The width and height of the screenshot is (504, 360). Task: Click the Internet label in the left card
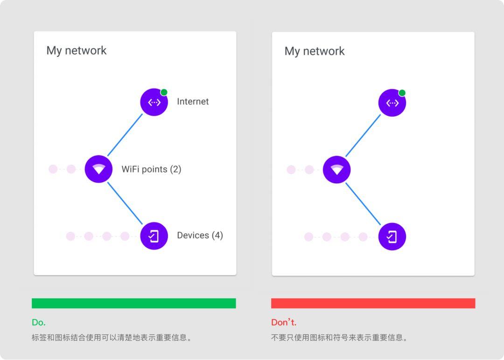[x=192, y=102]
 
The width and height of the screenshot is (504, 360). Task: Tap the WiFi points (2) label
[x=151, y=169]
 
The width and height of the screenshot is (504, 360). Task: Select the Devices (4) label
[x=200, y=235]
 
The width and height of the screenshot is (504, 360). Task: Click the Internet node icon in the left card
[x=154, y=102]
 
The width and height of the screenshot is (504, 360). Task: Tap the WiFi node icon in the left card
[x=98, y=169]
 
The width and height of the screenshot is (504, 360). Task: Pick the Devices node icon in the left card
[x=154, y=236]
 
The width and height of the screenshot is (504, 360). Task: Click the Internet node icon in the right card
[x=392, y=103]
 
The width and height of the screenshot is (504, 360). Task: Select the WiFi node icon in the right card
[x=336, y=169]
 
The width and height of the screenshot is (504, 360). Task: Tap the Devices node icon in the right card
[x=392, y=236]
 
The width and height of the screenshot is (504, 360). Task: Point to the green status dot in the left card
[x=164, y=92]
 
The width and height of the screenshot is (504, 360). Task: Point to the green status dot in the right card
[x=402, y=93]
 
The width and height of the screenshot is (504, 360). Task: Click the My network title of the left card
[x=77, y=51]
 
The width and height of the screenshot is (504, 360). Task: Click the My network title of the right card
[x=315, y=51]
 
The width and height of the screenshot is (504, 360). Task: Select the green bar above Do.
[x=134, y=303]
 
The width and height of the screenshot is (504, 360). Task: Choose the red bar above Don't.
[x=373, y=303]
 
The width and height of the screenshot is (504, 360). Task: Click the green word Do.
[x=39, y=322]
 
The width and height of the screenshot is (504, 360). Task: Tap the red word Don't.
[x=284, y=322]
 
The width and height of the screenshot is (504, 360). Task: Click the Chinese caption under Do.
[x=112, y=337]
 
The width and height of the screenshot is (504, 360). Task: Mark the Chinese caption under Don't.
[x=339, y=337]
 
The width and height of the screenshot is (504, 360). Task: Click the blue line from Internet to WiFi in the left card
[x=125, y=135]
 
